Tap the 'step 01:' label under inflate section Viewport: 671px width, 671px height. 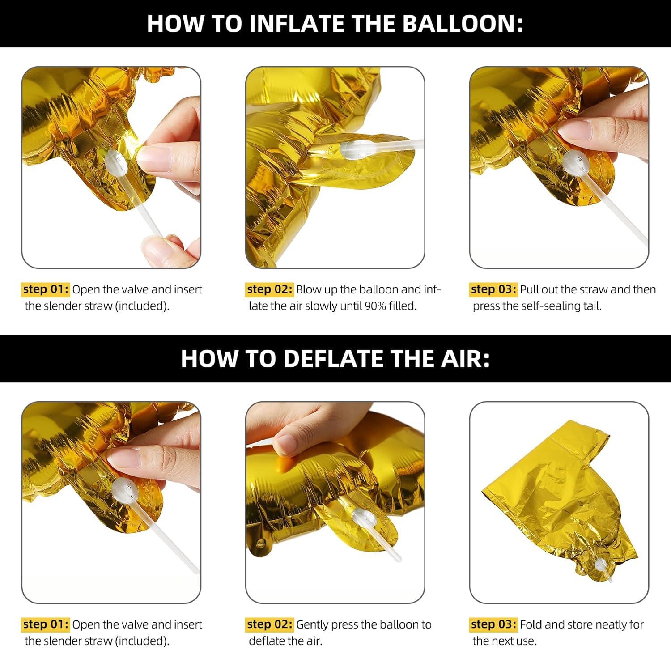click(x=46, y=289)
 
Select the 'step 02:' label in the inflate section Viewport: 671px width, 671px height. click(x=270, y=289)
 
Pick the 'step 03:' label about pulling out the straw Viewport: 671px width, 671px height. click(x=493, y=289)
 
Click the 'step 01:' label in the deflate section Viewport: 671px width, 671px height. click(x=46, y=624)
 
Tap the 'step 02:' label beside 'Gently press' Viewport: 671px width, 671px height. click(x=270, y=624)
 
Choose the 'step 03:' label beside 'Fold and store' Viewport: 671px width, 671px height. click(x=493, y=624)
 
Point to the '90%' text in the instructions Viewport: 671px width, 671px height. click(x=375, y=306)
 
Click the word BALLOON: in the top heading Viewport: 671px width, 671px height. click(x=463, y=24)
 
